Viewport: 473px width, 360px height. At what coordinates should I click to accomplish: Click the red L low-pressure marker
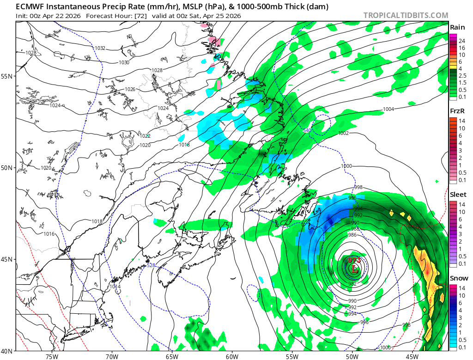pos(354,268)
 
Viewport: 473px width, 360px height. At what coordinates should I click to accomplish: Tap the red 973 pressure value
pos(354,261)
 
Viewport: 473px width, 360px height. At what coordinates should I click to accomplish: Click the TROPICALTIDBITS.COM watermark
pos(406,15)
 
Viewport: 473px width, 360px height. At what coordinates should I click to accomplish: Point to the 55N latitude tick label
pos(8,76)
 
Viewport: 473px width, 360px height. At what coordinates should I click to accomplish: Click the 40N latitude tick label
pos(8,351)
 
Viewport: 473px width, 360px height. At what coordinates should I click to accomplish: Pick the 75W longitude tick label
pos(52,356)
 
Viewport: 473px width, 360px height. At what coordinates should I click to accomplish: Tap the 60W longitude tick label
pos(232,356)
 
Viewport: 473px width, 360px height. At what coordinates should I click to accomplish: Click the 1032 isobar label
pos(100,48)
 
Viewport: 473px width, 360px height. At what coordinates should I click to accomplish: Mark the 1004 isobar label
pos(388,110)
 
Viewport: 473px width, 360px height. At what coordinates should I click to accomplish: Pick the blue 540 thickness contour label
pos(307,130)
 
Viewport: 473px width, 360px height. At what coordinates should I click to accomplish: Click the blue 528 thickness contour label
pos(151,265)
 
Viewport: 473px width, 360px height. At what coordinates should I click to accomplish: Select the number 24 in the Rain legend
pos(461,41)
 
